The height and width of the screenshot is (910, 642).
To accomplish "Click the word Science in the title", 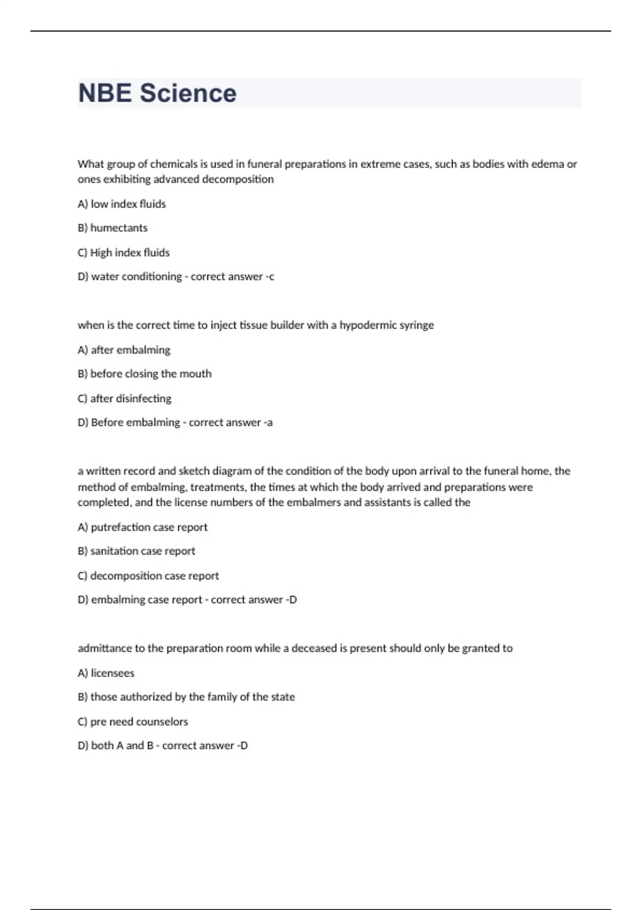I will [188, 93].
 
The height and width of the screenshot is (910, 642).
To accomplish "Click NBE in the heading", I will [105, 93].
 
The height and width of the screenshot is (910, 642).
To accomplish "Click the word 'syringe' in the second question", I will [417, 325].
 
